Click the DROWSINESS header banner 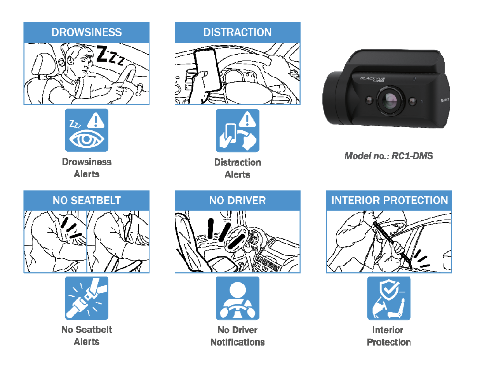(86, 32)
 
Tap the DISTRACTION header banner (237, 32)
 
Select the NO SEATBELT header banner (86, 200)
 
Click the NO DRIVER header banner (237, 200)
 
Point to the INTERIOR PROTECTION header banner (389, 200)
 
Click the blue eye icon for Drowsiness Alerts (86, 130)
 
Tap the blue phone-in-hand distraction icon (237, 131)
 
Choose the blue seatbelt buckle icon (86, 298)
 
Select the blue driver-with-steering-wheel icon (237, 298)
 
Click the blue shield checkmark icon (389, 298)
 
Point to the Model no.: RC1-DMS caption (389, 156)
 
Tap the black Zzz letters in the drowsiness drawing (110, 55)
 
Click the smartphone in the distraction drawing (207, 70)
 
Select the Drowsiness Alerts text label (86, 168)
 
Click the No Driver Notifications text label (237, 336)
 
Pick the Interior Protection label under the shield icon (389, 336)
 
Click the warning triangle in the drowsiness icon (96, 121)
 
